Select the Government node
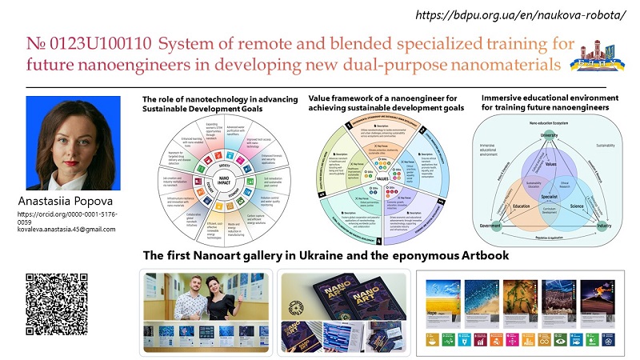coord(488,226)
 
